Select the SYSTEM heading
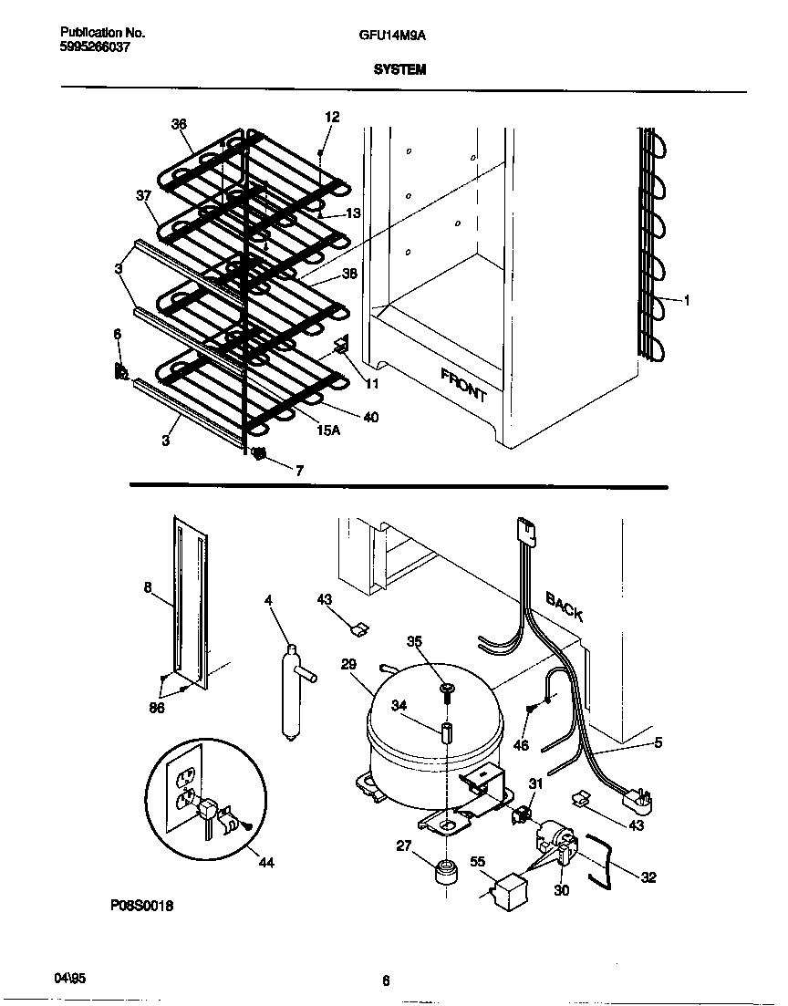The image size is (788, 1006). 399,69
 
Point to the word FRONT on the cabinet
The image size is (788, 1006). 464,385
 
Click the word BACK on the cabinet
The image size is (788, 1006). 565,606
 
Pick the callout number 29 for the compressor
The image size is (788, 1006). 348,665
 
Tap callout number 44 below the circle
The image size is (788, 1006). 266,862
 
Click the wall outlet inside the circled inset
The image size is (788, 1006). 186,789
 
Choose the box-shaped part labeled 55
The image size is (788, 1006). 506,888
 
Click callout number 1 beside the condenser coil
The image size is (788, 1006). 687,300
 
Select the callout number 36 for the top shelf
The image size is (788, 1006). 178,124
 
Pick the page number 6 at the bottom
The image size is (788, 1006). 386,981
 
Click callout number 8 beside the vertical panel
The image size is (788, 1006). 148,588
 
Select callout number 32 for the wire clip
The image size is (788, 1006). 648,878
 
